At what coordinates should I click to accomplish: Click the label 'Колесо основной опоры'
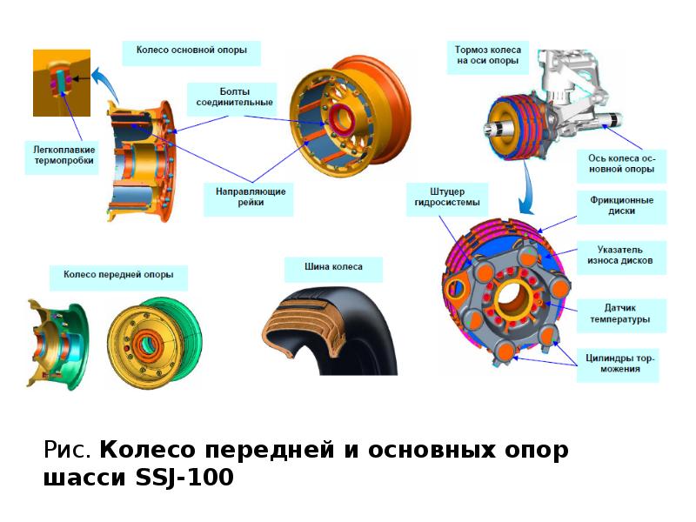(191, 50)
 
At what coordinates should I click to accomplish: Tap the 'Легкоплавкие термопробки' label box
(64, 155)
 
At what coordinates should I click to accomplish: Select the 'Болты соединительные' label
(234, 97)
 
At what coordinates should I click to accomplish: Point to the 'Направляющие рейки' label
(251, 197)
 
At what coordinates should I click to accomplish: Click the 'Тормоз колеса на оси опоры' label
(488, 55)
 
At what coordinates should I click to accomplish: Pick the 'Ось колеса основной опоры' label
(621, 164)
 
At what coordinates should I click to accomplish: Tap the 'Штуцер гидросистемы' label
(447, 197)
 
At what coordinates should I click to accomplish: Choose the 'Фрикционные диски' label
(621, 205)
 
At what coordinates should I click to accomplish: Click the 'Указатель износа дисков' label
(619, 255)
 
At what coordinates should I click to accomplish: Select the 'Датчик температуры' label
(619, 313)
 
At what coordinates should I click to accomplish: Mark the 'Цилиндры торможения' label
(619, 363)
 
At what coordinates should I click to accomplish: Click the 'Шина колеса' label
(333, 267)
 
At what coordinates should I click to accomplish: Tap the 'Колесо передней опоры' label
(118, 274)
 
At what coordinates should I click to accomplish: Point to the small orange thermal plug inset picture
(62, 83)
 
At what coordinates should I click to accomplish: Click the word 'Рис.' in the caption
(67, 450)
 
